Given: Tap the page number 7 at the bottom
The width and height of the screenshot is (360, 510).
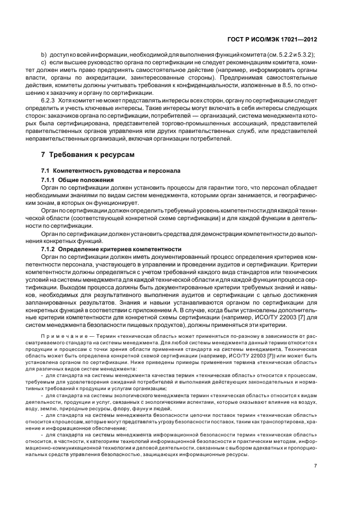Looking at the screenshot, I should click(315, 466).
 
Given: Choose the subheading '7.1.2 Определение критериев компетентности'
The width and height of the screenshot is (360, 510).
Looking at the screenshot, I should click(111, 248).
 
